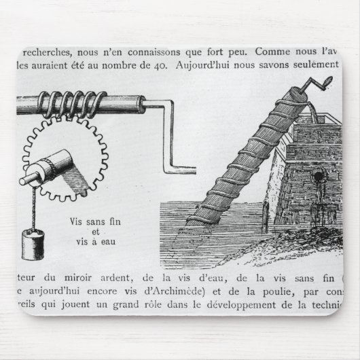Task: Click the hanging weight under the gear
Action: pos(32,244)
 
